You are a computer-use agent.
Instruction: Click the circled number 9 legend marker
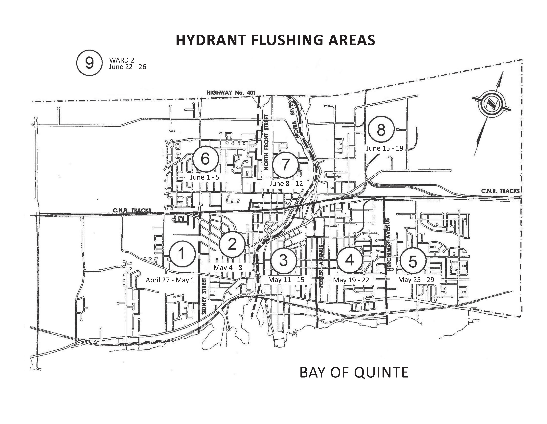pos(89,63)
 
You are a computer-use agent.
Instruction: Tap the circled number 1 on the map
pos(182,254)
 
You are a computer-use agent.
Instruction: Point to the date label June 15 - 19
pos(385,148)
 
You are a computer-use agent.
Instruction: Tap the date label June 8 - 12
pos(286,183)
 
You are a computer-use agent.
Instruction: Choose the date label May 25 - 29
pos(416,280)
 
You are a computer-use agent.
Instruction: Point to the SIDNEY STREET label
pos(204,296)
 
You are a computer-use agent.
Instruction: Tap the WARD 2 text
pos(122,60)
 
